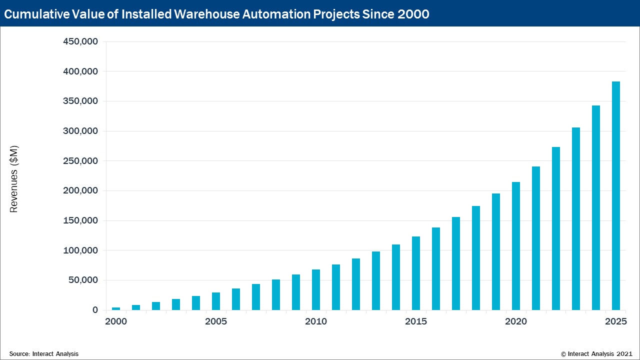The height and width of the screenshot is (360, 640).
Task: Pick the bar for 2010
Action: click(316, 289)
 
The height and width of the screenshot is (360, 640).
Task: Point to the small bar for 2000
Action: click(116, 308)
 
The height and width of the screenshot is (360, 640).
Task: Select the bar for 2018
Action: click(476, 258)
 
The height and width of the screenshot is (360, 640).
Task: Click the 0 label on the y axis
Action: click(95, 310)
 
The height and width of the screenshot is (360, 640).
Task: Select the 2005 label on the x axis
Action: click(216, 321)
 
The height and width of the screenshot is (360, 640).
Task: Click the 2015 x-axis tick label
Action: click(416, 321)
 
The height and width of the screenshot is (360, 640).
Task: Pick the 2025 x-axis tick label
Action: click(616, 321)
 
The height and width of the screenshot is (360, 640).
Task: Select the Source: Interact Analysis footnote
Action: click(44, 353)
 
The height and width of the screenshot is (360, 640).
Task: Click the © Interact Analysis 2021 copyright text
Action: click(597, 353)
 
